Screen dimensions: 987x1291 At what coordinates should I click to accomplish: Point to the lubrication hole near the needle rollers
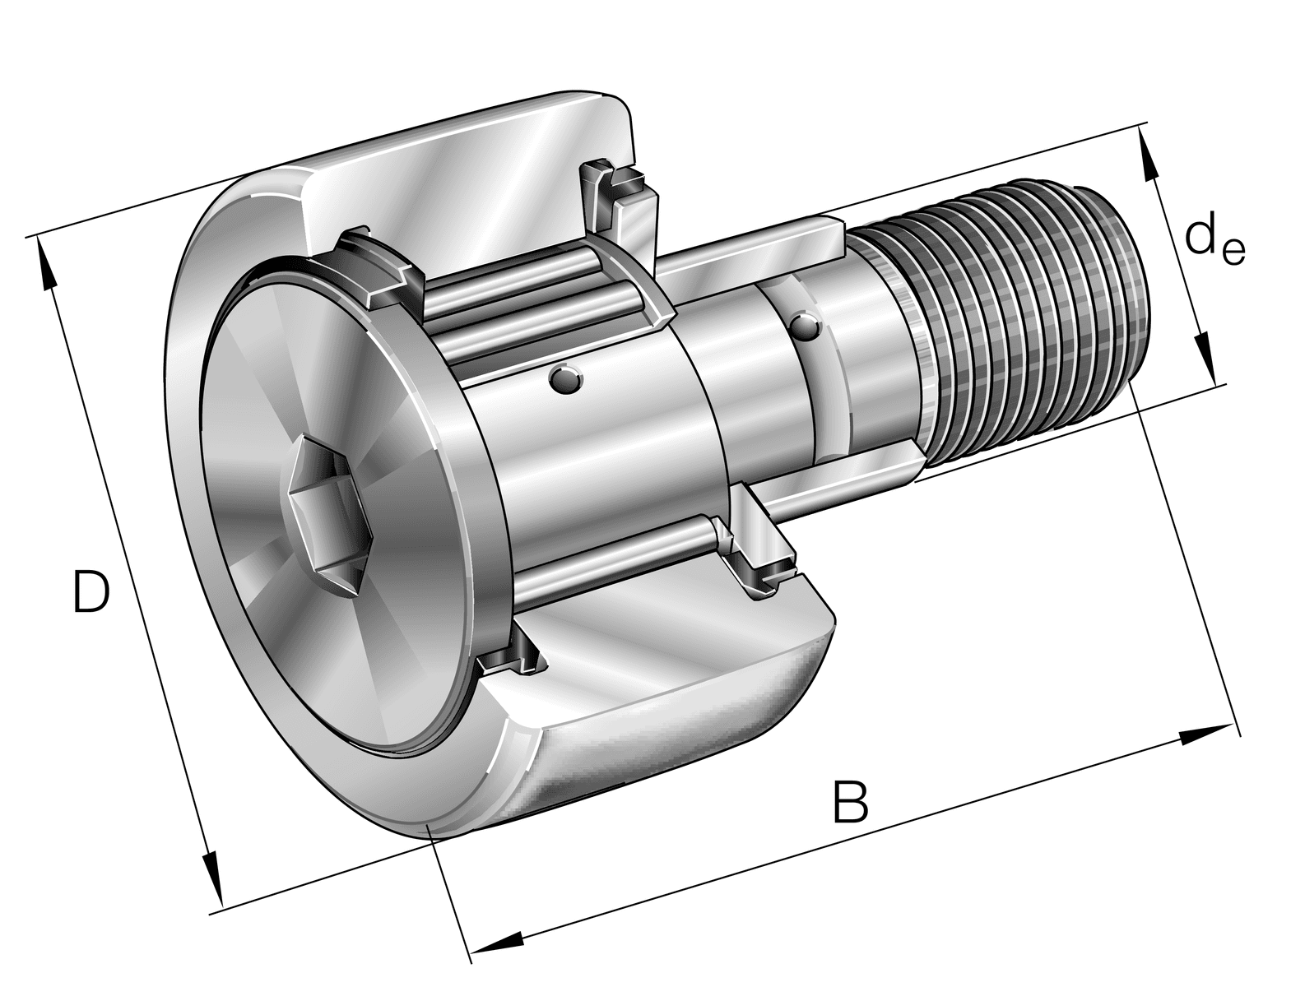(x=565, y=379)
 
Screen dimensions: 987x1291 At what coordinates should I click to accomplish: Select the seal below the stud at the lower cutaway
(x=761, y=568)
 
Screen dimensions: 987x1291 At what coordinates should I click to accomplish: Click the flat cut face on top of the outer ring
(x=461, y=181)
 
